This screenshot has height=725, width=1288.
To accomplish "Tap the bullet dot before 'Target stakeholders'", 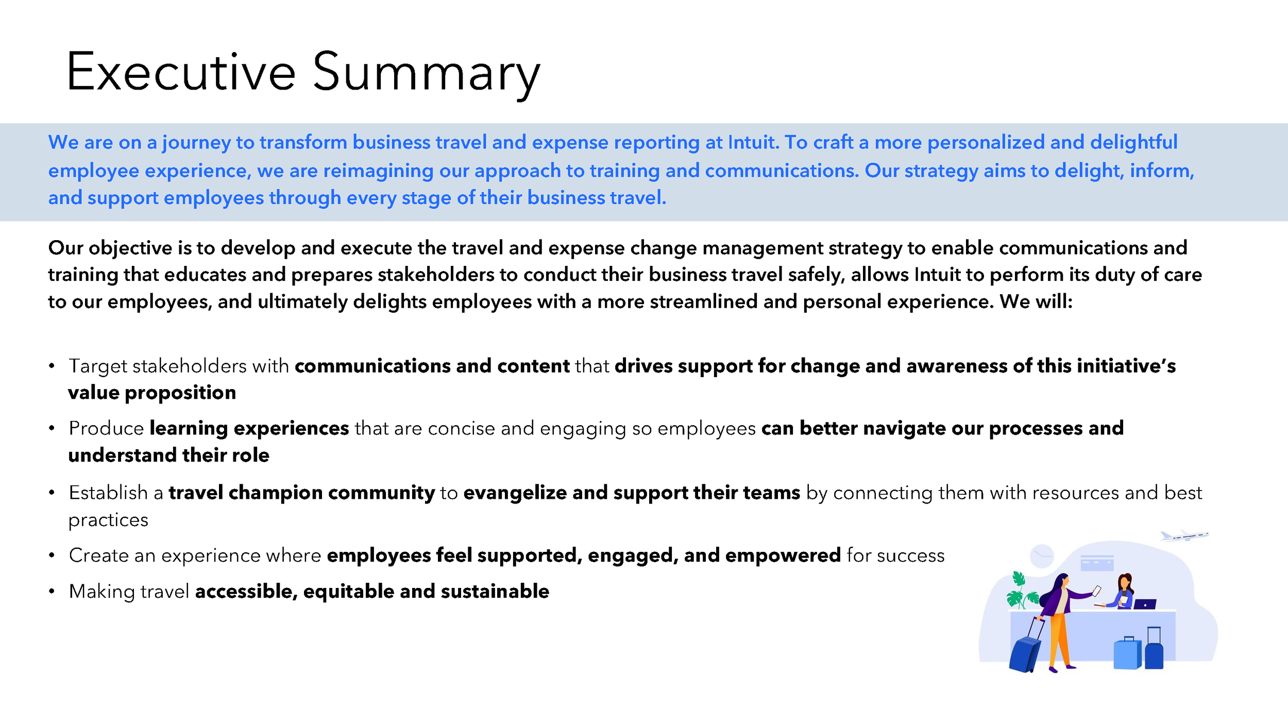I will point(52,366).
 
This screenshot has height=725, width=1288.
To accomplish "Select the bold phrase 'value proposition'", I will point(152,393).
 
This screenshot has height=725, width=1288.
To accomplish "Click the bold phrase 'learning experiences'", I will point(249,428).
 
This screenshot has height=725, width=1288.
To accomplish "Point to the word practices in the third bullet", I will point(108,520).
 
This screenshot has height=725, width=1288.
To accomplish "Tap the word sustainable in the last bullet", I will point(495,591).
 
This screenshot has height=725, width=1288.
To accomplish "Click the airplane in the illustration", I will point(1184,536).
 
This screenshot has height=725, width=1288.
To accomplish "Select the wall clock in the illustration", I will point(1042,556).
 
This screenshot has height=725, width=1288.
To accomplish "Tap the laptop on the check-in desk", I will point(1145,604).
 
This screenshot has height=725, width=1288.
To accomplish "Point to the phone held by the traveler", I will point(1097,591).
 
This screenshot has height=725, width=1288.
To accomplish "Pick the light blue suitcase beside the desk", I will point(1127,653).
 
